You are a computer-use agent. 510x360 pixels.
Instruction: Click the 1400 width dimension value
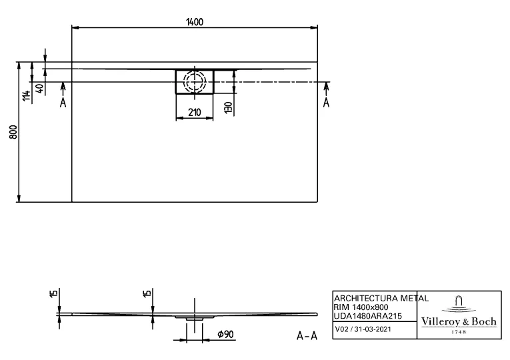(194, 21)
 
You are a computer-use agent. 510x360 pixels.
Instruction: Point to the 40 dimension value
(39, 88)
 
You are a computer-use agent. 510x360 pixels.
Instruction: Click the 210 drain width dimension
(194, 113)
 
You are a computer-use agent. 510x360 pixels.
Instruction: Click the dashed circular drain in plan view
(195, 83)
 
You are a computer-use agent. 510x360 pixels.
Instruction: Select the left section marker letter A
(63, 103)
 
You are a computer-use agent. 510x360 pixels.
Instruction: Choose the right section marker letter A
(326, 103)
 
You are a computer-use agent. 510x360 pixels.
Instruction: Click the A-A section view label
(306, 336)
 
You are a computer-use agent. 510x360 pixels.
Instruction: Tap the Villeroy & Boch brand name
(459, 321)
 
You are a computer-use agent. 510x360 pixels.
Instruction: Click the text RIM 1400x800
(361, 306)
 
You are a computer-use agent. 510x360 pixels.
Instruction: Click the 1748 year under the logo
(459, 331)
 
